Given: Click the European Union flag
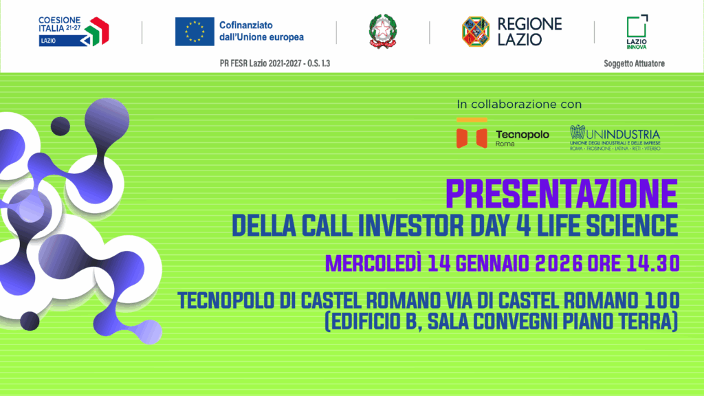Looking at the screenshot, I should click(195, 31).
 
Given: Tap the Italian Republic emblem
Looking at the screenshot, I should click(382, 32).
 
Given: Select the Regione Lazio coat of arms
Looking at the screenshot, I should click(476, 32).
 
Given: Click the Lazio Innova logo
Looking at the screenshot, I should click(637, 31).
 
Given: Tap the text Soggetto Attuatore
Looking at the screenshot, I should click(634, 64).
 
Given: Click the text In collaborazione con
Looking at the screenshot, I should click(519, 104).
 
